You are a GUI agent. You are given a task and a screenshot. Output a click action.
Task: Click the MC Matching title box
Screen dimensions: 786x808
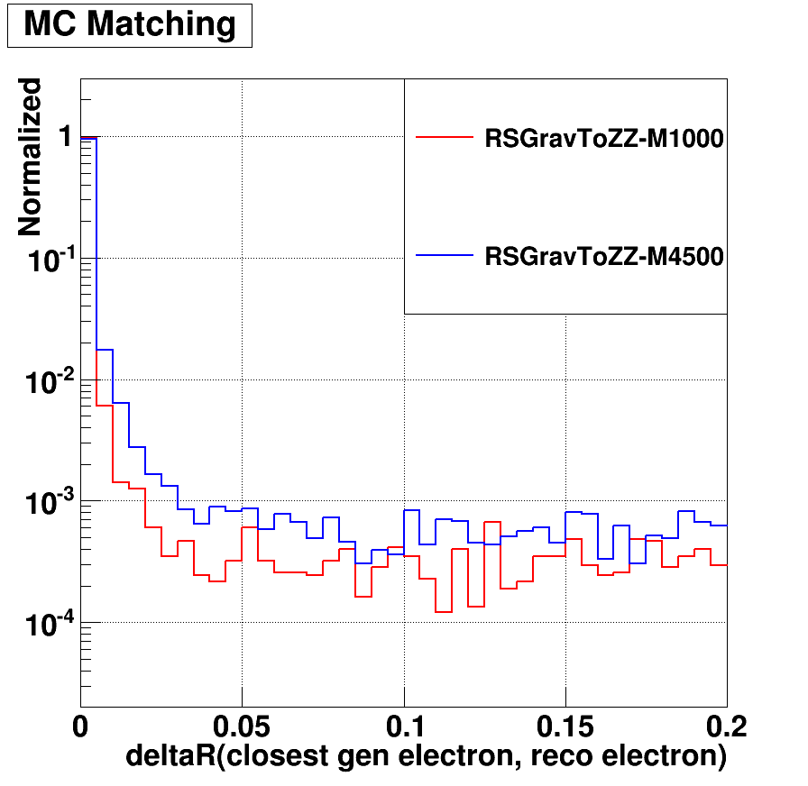coord(129,25)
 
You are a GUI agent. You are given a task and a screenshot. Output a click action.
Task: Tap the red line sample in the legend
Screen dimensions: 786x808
coord(444,138)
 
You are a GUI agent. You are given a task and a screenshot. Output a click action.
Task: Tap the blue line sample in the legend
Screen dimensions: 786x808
coord(444,256)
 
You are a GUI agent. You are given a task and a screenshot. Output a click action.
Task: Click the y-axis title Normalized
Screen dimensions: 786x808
coord(31,157)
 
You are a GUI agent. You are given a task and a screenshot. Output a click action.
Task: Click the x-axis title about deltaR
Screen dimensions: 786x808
coord(426,757)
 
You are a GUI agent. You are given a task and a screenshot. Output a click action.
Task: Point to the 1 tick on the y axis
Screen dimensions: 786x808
coord(64,138)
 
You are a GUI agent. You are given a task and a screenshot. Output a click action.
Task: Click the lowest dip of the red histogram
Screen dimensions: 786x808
coord(443,612)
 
